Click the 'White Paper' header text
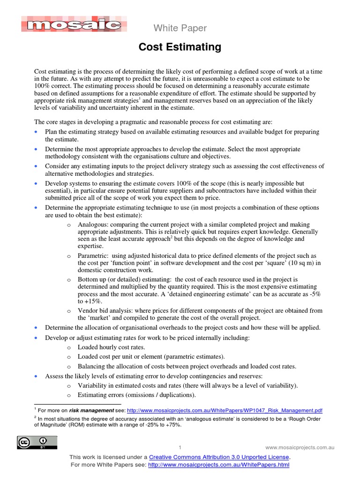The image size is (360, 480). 180,28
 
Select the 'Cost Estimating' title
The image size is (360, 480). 180,47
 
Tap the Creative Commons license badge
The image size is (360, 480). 37,442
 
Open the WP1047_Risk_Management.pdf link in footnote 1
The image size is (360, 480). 225,410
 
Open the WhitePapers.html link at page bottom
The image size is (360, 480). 218,465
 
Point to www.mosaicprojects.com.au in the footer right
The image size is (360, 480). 300,447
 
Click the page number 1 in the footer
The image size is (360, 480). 180,447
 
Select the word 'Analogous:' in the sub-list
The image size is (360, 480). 93,225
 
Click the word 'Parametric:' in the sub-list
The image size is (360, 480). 93,256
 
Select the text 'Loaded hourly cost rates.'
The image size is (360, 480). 111,347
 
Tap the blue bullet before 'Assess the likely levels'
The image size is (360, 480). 37,376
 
